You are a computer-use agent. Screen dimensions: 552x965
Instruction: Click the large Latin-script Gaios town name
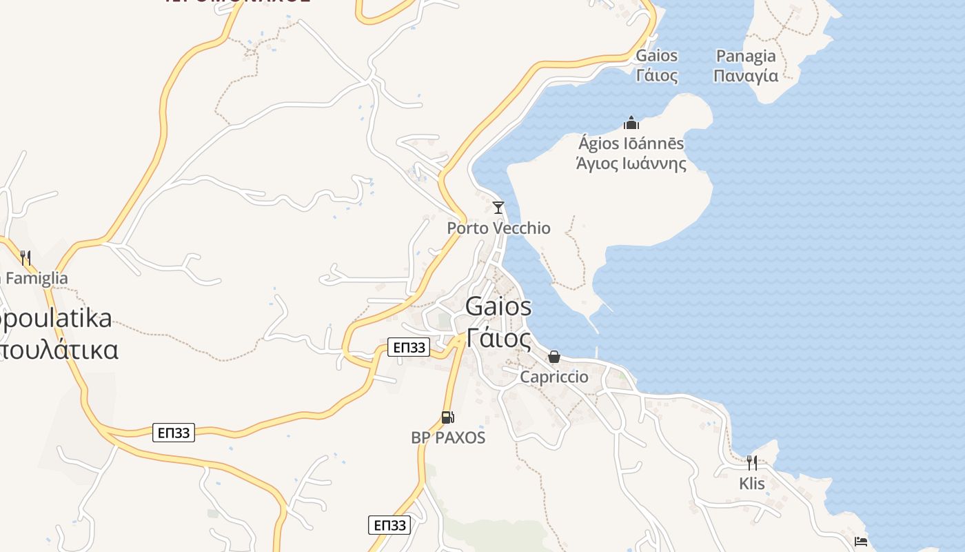498,306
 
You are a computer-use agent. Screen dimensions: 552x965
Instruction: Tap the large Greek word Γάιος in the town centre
498,339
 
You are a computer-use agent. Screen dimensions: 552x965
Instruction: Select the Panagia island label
746,57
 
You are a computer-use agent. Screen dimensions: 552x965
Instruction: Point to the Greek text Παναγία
746,75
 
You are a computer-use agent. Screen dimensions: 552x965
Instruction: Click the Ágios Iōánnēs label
631,144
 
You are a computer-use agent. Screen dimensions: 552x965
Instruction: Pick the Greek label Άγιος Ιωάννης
631,164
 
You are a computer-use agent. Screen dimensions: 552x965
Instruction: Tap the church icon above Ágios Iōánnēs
631,124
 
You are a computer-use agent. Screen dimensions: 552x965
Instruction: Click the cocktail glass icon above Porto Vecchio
498,208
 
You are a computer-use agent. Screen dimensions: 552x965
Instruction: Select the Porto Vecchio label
498,228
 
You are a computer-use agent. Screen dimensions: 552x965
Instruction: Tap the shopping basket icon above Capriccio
554,357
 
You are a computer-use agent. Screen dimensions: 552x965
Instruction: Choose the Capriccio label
554,377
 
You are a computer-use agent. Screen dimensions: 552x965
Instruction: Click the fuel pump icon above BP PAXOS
448,417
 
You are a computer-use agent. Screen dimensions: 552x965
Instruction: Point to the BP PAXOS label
448,437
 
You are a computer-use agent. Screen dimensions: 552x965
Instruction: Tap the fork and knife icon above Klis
752,462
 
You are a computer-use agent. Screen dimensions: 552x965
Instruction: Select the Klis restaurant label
752,483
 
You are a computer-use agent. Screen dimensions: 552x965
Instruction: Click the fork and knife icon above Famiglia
26,258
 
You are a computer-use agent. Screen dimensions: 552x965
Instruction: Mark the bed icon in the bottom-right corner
861,542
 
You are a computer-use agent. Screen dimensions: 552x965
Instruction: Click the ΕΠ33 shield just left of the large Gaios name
409,347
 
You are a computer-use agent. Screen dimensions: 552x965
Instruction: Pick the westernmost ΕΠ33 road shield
173,433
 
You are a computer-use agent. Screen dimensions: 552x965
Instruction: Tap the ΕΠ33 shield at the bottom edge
389,525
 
